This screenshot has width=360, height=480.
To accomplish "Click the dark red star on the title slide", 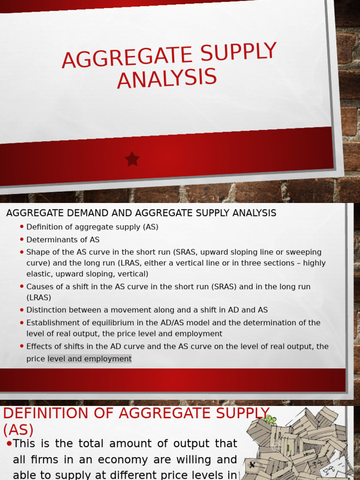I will tap(132, 159).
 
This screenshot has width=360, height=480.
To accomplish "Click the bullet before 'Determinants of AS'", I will tap(22, 240).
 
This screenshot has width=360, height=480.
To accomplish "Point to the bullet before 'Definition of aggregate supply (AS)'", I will tap(22, 227).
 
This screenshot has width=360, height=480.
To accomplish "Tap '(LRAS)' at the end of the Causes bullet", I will tap(39, 298).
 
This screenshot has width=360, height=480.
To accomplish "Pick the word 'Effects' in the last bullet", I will tap(40, 346).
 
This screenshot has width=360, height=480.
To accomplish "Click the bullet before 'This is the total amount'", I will tap(9, 443).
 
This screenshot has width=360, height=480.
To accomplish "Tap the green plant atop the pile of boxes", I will tap(270, 419).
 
